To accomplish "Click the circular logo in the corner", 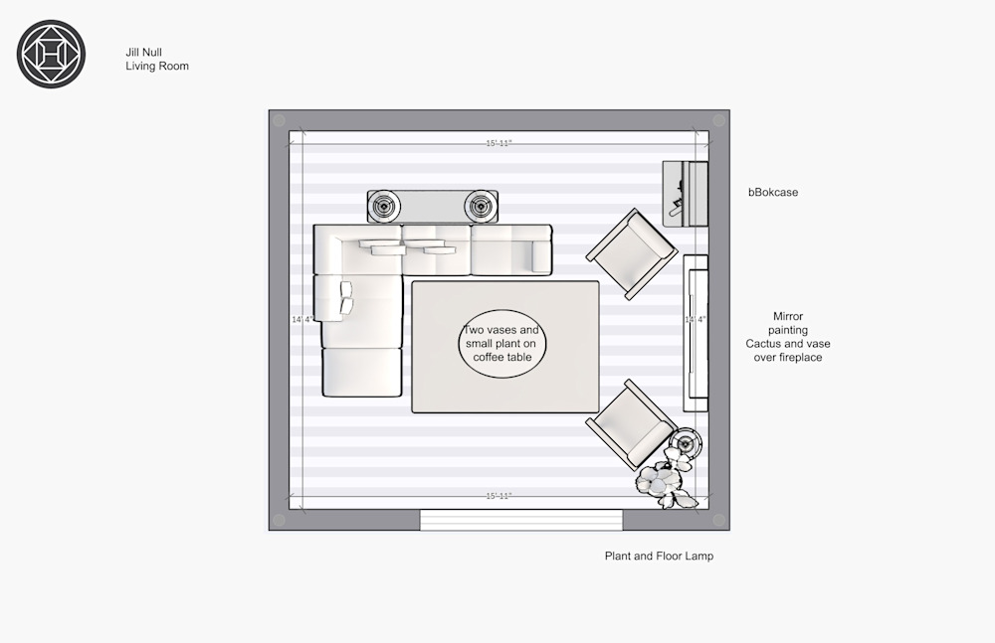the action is click(x=51, y=54).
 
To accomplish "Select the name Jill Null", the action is click(x=143, y=52).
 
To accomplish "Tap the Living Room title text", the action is click(x=157, y=66).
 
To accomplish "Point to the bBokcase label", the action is click(x=773, y=192).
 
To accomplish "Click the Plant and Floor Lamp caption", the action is click(x=659, y=557).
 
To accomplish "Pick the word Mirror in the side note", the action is click(x=787, y=316).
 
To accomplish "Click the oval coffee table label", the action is click(x=501, y=344).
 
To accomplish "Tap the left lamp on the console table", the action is click(x=384, y=206).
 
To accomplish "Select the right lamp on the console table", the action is click(x=481, y=206).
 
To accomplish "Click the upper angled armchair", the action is click(x=632, y=253).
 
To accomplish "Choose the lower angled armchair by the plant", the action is click(x=630, y=425).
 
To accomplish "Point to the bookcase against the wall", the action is click(x=686, y=194).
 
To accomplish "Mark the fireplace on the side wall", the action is click(x=696, y=334).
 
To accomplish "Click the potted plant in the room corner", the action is click(x=665, y=483).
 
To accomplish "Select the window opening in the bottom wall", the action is click(x=521, y=520).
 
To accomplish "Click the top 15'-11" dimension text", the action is click(x=498, y=143).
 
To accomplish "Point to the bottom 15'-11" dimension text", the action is click(x=498, y=496).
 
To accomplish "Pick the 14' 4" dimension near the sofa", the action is click(x=302, y=319).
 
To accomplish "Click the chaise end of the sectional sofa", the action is click(x=362, y=371).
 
